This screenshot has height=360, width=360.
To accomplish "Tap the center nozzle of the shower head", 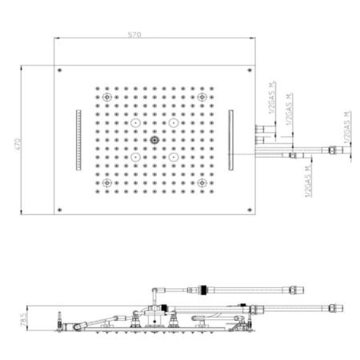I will (155, 142).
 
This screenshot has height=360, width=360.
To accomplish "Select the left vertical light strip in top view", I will (78, 140).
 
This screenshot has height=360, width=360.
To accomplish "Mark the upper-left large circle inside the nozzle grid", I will (137, 124).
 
